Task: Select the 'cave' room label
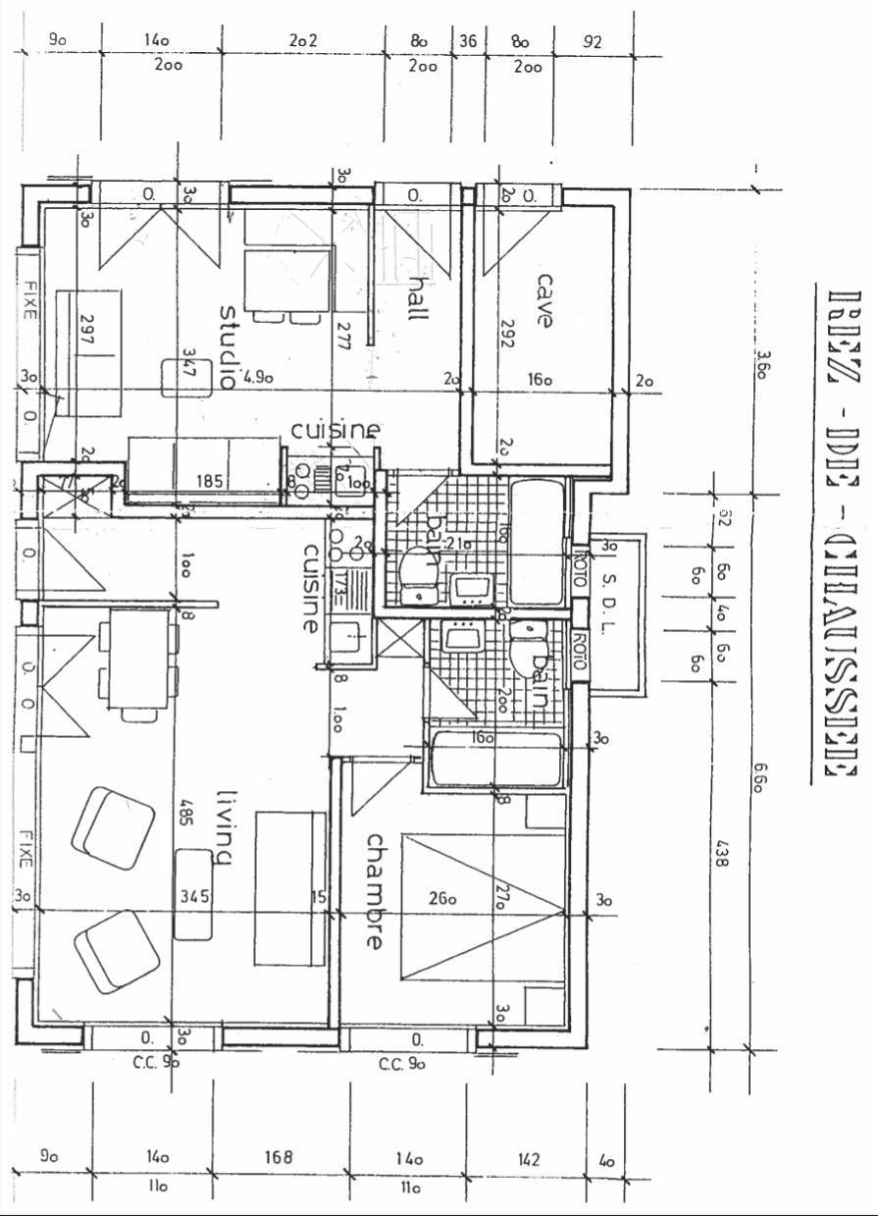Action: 544,299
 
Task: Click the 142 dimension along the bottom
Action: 527,1159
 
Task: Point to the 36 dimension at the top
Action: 467,41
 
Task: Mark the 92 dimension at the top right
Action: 592,41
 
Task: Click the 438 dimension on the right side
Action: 723,847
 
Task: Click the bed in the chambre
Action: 483,906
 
